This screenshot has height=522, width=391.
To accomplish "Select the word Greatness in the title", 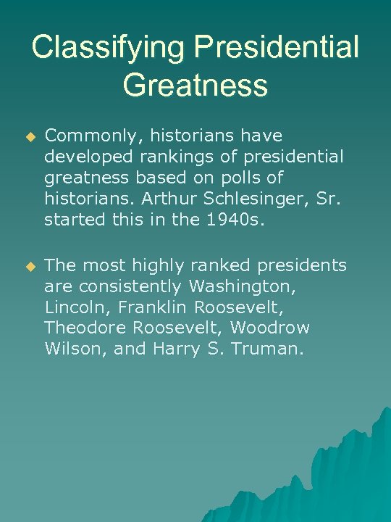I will coord(195,85).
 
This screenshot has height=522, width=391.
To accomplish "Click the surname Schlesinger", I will coord(258,199).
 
